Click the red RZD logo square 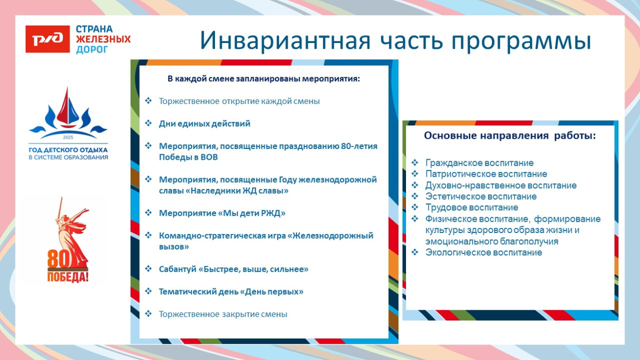(48, 39)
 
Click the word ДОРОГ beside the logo (92, 49)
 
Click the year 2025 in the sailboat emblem (68, 138)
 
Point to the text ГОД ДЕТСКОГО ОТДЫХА (68, 150)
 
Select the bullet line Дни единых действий (204, 123)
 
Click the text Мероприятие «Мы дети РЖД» (222, 213)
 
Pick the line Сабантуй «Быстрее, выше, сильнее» (233, 269)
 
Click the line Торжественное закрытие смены (223, 314)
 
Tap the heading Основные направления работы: (509, 136)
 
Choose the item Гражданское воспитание (479, 163)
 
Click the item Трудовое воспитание (472, 207)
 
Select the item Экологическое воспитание (483, 252)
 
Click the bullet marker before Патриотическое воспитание (415, 174)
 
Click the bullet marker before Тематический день (148, 291)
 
